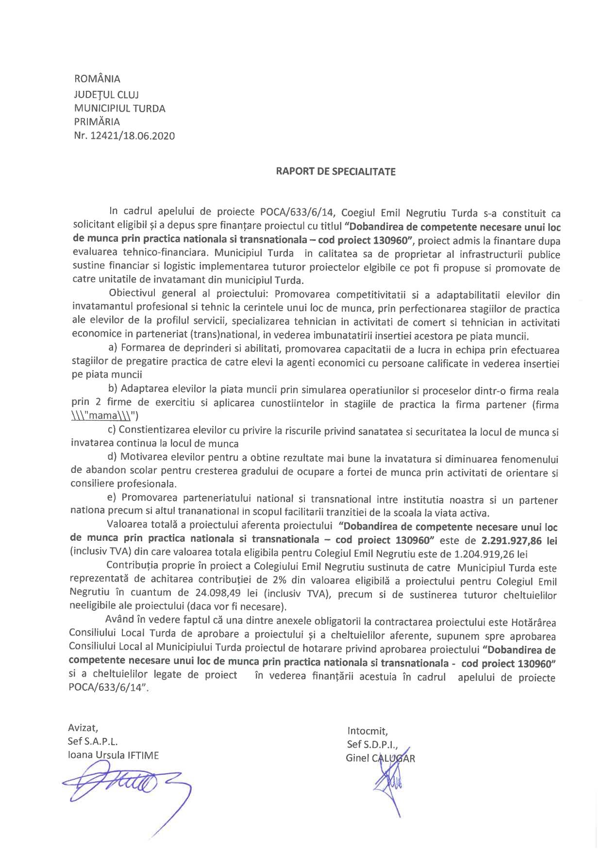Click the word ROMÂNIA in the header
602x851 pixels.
pyautogui.click(x=97, y=79)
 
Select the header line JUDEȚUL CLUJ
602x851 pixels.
pyautogui.click(x=106, y=94)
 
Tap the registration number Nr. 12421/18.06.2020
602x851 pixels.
pyautogui.click(x=124, y=136)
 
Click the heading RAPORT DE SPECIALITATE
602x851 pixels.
pyautogui.click(x=335, y=171)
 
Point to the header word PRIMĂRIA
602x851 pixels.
pyautogui.click(x=97, y=122)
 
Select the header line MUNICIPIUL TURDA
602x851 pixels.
pyautogui.click(x=119, y=108)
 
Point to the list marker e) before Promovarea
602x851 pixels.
pyautogui.click(x=113, y=498)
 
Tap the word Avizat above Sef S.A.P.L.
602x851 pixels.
pyautogui.click(x=83, y=728)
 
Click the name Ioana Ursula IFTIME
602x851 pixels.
pyautogui.click(x=113, y=755)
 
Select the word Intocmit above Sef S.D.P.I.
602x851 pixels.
pyautogui.click(x=367, y=731)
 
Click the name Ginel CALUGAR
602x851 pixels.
pyautogui.click(x=380, y=758)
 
